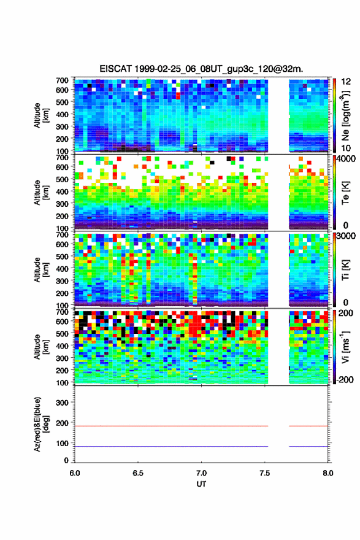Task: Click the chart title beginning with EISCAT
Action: coord(201,69)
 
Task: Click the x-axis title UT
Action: coord(201,484)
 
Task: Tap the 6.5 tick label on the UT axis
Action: coord(138,473)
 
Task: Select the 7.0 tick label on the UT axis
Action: coord(201,473)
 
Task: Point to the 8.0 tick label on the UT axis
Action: coord(328,473)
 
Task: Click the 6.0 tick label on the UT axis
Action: coord(75,473)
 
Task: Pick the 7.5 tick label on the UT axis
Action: coord(265,473)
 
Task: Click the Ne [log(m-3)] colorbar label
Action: coord(345,115)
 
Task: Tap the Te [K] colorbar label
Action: coord(345,193)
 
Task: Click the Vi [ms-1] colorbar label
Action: coord(345,347)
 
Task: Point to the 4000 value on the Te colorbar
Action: coord(347,159)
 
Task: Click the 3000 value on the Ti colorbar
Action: coord(347,236)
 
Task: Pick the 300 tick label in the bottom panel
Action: coord(62,403)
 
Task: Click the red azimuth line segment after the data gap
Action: coord(308,426)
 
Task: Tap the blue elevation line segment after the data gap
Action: coord(308,446)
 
